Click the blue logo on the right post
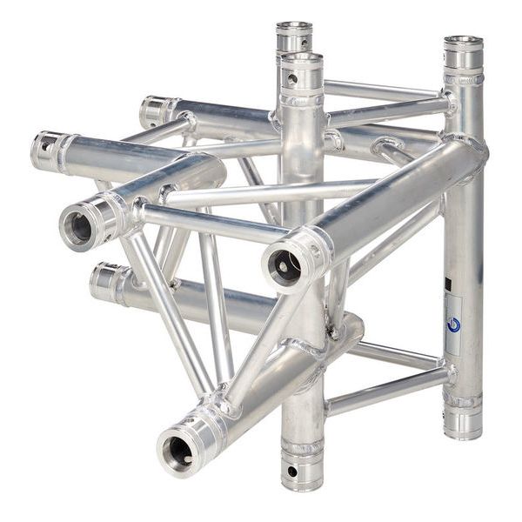[453, 324]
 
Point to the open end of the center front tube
[284, 264]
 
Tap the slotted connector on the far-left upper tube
[47, 150]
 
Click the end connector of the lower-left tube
[106, 283]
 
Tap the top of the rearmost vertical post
[295, 28]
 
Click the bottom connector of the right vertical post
[462, 418]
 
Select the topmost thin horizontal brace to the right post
[383, 90]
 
